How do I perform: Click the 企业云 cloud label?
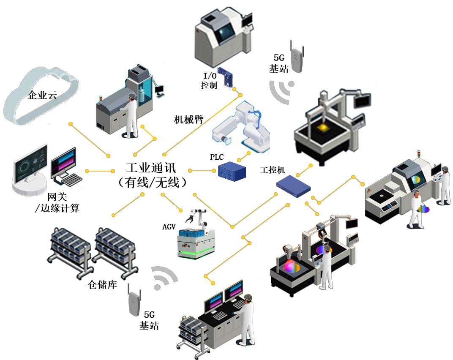[x=42, y=95]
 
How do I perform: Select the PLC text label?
[x=216, y=157]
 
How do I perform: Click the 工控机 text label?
[x=273, y=170]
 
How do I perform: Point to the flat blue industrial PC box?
[x=293, y=185]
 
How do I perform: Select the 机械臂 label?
[x=189, y=120]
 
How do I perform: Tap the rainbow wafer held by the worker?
[x=423, y=209]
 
